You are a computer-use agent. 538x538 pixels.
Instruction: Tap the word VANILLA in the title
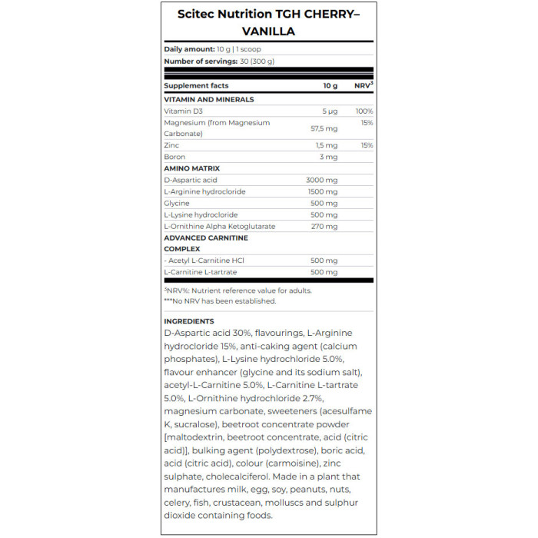tap(269, 32)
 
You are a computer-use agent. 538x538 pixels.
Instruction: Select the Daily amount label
tap(189, 49)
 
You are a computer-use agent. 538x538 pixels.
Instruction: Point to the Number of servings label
tap(200, 61)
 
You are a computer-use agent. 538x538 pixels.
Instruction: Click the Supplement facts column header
tap(196, 86)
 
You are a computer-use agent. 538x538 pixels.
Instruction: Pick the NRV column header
tap(363, 85)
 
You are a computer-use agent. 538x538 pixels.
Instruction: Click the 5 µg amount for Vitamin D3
tap(330, 111)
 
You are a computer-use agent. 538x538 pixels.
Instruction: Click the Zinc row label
tap(172, 145)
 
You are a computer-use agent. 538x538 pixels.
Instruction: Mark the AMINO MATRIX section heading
tap(192, 168)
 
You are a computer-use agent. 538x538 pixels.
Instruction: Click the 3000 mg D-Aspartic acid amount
tap(322, 180)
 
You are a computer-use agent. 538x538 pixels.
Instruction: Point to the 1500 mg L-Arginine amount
tap(323, 191)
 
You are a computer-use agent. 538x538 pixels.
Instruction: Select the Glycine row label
tap(177, 203)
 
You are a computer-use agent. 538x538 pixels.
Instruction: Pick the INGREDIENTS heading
tap(189, 321)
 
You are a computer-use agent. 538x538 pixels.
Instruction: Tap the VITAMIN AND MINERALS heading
tap(209, 99)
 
